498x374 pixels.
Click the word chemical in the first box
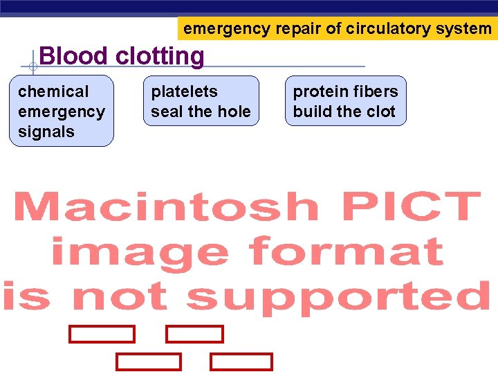coord(53,91)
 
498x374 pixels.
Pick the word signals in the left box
coord(46,132)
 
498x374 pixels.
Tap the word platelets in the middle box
coord(184,91)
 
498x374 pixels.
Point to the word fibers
coord(376,91)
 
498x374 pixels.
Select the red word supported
coord(338,296)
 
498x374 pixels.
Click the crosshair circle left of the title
coord(33,67)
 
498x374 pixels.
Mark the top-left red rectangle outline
coord(102,335)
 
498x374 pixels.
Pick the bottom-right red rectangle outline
coord(241,362)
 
